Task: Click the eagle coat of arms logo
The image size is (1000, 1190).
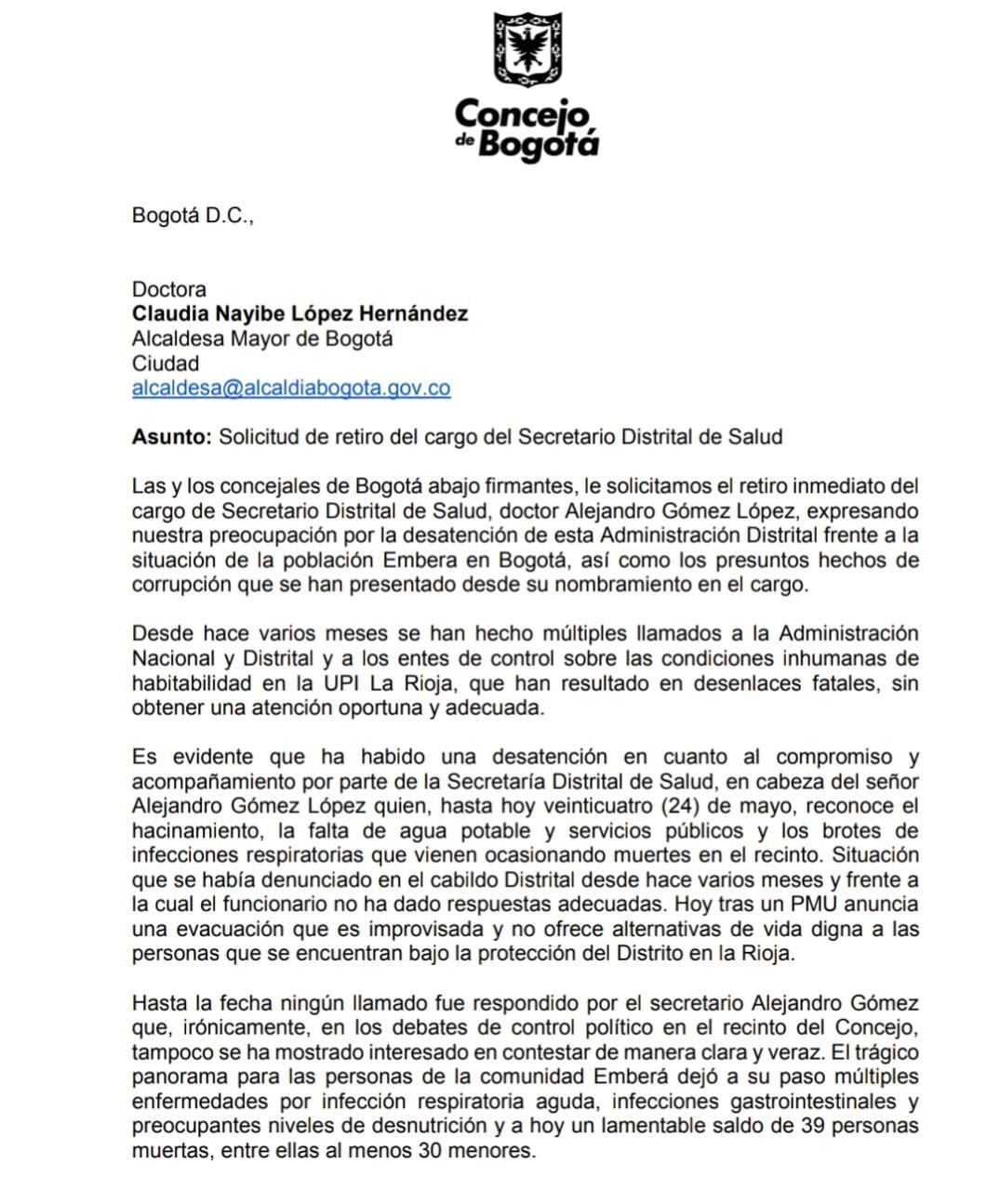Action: click(x=527, y=48)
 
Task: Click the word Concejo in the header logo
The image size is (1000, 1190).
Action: click(x=523, y=115)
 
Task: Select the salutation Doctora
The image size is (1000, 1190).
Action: click(x=169, y=289)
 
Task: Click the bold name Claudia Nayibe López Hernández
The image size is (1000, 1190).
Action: click(x=300, y=313)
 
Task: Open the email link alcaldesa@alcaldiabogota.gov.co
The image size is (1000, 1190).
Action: click(x=291, y=388)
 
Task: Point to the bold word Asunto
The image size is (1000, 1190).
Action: click(x=172, y=436)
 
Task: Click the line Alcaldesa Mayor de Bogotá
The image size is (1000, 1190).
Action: click(x=262, y=338)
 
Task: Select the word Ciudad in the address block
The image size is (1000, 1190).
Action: click(x=166, y=364)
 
